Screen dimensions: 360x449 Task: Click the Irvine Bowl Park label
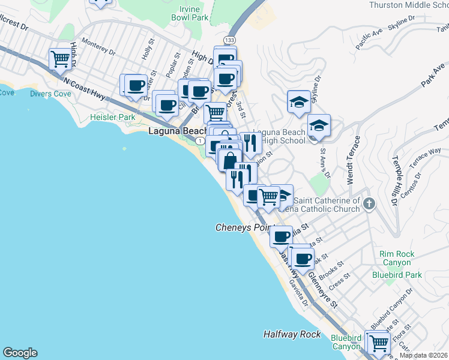[x=193, y=13]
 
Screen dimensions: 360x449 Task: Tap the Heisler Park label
[x=113, y=118]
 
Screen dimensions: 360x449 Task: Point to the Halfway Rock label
[x=292, y=334]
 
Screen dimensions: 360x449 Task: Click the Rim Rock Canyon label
[x=396, y=258]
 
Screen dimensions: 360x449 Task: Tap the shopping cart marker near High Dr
[x=61, y=59]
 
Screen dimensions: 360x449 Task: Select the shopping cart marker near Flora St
[x=378, y=343]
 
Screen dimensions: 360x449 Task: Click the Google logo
[x=20, y=353]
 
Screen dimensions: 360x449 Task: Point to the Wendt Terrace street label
[x=352, y=160]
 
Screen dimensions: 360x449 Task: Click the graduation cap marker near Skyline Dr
[x=298, y=102]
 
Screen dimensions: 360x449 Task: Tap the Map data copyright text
[x=424, y=355]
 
